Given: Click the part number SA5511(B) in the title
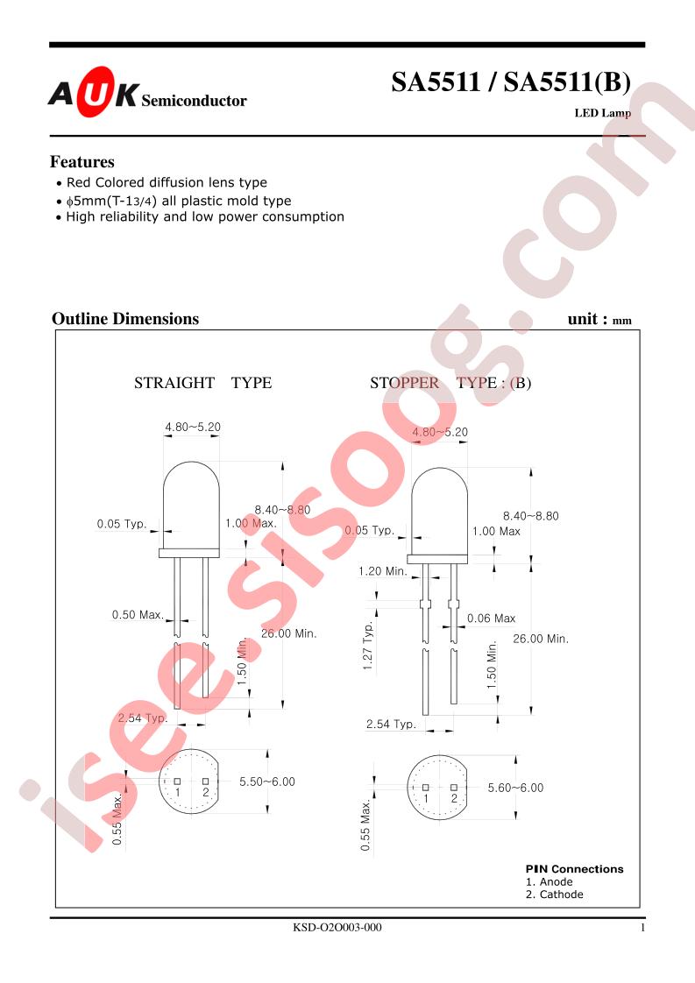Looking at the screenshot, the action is (x=567, y=82).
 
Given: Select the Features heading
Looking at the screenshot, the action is (x=82, y=162).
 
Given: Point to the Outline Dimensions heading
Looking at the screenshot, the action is (x=125, y=319).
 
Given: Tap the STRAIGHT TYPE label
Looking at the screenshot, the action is (x=202, y=383).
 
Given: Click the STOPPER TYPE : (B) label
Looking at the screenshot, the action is (x=450, y=383).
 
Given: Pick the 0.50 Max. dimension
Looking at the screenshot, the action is (x=138, y=615).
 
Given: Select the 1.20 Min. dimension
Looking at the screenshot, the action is (x=383, y=571).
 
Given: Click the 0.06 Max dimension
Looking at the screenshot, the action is (x=491, y=619).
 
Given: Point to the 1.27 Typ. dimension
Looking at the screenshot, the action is (x=368, y=646).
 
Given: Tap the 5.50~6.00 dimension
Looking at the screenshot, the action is (x=267, y=781).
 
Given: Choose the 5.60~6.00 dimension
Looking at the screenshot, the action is (x=515, y=788).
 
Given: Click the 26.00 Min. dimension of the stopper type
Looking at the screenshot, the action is (x=541, y=639).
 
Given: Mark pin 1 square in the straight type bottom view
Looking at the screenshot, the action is (x=178, y=781).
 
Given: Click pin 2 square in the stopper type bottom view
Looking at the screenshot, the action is (x=454, y=788).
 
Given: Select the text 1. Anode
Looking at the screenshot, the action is (x=550, y=882).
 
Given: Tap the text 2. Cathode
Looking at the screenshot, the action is (x=555, y=895).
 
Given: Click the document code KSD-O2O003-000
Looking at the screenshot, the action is (x=337, y=927).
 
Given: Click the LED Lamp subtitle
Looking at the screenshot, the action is (x=603, y=114).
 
